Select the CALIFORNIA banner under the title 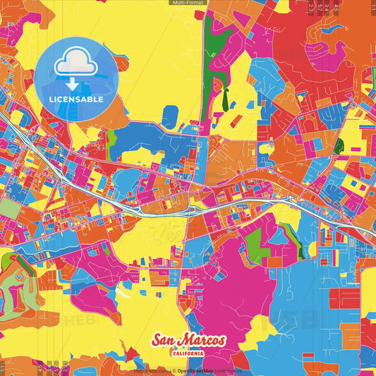[x=188, y=353]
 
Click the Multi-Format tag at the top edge [x=188, y=3]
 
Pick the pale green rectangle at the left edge [x=9, y=207]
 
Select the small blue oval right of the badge [x=170, y=114]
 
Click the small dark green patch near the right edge [x=339, y=146]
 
